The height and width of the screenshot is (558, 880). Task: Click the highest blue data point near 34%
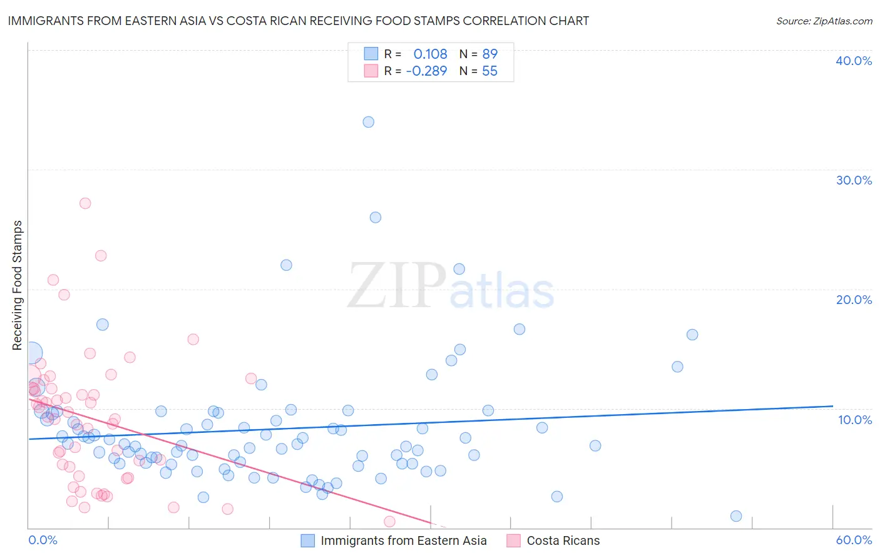pos(369,122)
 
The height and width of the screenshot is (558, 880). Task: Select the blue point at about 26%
pos(376,218)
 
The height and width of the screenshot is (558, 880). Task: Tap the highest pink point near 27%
pos(85,203)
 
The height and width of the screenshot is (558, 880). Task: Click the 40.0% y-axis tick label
pos(854,61)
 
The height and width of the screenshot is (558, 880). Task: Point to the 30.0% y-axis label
pos(854,180)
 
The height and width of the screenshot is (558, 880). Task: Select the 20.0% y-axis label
pos(854,300)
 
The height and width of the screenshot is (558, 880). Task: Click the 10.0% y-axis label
pos(855,420)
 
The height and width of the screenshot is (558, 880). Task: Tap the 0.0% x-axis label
pos(43,540)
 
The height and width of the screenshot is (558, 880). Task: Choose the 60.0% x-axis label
pos(854,540)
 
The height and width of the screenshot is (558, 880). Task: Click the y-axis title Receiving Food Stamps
pos(18,285)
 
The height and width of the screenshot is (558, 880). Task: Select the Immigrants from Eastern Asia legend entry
pos(403,541)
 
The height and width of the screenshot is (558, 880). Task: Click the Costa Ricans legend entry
pos(563,541)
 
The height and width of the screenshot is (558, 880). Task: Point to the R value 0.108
pos(430,54)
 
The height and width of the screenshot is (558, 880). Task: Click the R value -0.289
pos(426,71)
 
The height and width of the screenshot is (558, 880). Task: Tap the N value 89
pos(489,54)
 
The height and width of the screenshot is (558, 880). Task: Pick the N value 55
pos(489,71)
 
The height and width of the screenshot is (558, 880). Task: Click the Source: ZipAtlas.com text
pos(824,21)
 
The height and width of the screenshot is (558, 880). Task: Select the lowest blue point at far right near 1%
pos(736,516)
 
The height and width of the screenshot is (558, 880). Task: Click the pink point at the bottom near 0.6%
pos(389,522)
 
